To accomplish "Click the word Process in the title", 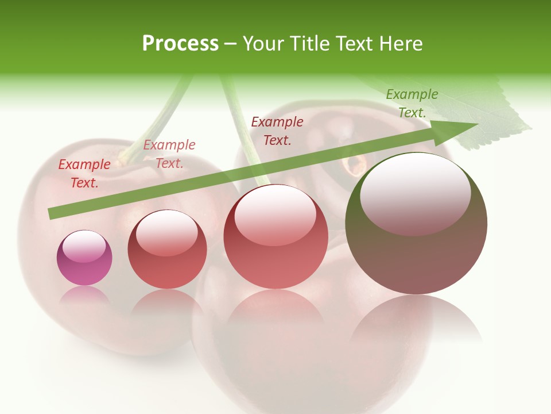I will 180,44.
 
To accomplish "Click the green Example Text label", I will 412,103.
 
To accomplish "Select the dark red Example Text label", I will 277,131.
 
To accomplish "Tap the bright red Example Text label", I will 84,173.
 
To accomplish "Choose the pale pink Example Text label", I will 169,154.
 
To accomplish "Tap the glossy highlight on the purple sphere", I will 84,247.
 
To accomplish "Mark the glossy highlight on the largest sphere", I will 416,194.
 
